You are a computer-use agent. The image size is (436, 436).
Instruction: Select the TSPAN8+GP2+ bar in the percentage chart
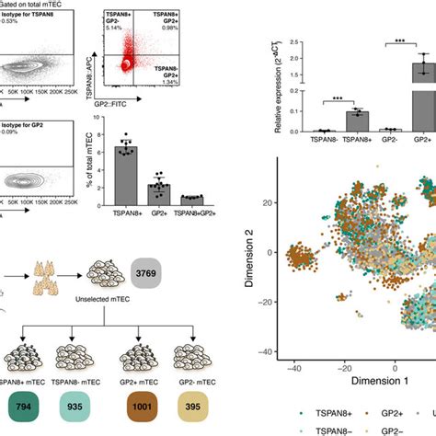point(192,198)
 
